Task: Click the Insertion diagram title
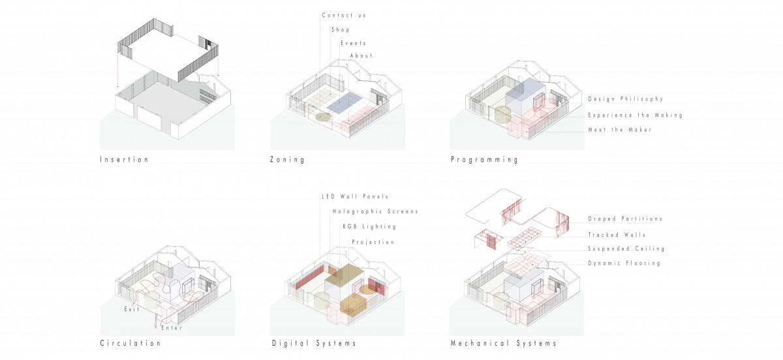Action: point(125,160)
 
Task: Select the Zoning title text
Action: point(287,160)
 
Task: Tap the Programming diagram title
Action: point(484,160)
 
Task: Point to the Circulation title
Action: point(130,343)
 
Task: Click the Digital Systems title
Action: point(314,343)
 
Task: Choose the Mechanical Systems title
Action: point(503,343)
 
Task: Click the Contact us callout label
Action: point(344,16)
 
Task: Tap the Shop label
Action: point(341,30)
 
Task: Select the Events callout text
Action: point(354,43)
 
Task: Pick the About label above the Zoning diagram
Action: point(361,55)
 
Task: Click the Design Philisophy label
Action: point(626,99)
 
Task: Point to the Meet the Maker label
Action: point(620,130)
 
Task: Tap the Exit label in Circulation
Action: point(132,309)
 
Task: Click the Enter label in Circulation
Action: point(172,328)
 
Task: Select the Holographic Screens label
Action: point(375,211)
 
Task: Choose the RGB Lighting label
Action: point(369,226)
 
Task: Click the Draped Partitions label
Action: point(625,218)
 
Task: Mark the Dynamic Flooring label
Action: point(624,263)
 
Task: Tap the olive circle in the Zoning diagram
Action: point(324,117)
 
